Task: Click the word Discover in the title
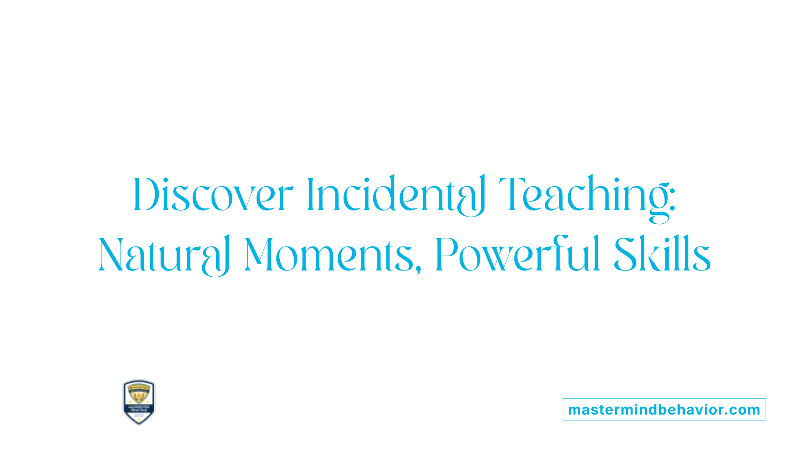tap(213, 195)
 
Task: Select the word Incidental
tap(396, 195)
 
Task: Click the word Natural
tap(164, 255)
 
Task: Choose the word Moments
tap(329, 255)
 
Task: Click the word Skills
tap(662, 255)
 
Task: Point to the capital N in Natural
tap(111, 255)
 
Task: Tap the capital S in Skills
tap(625, 255)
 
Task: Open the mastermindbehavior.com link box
tap(664, 409)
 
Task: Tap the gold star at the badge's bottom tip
tap(139, 421)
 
